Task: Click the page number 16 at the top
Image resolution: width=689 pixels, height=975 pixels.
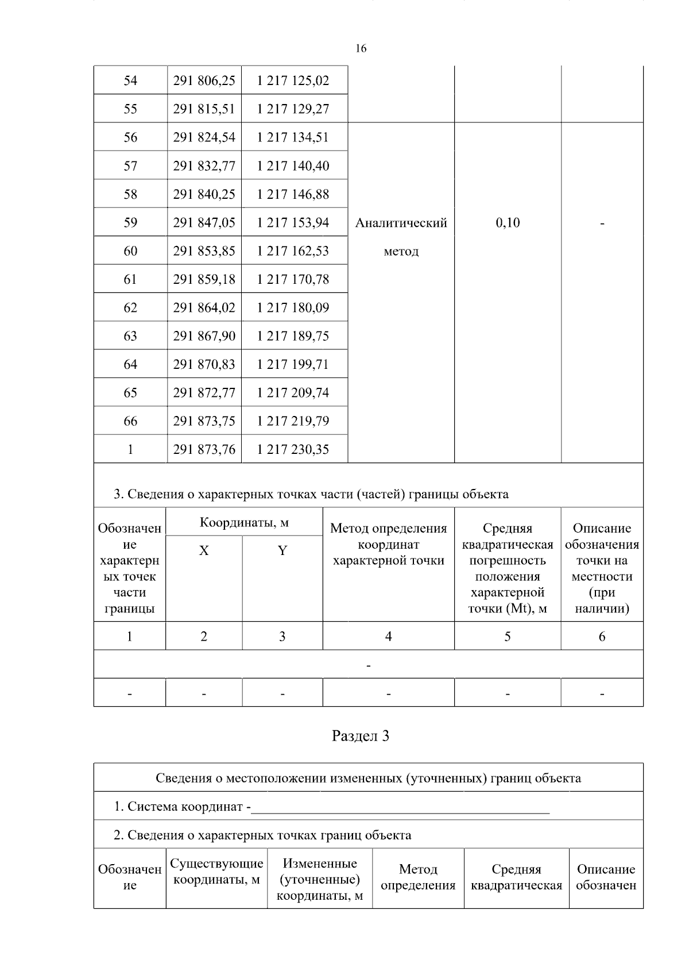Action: (x=361, y=49)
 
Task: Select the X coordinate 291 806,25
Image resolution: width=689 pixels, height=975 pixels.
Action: (x=204, y=80)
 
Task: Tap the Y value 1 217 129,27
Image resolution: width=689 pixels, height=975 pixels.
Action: (x=293, y=109)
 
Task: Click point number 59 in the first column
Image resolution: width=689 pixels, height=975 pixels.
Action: (x=130, y=223)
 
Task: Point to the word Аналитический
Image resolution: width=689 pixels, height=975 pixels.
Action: (x=401, y=223)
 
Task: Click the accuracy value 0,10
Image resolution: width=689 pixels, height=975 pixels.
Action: (x=508, y=223)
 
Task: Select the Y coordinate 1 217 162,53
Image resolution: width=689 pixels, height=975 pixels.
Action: (x=293, y=251)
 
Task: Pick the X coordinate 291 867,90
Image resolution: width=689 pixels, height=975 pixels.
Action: (x=204, y=336)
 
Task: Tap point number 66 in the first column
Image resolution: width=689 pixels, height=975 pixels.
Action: (x=130, y=421)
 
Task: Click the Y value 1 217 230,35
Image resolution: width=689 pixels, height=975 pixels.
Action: (x=293, y=450)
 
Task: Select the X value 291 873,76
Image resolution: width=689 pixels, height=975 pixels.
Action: (x=204, y=450)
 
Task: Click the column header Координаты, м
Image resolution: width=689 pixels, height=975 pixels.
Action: (x=244, y=523)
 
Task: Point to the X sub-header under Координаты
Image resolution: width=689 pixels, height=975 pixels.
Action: (x=204, y=551)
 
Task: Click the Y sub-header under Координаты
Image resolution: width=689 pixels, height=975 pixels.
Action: (x=282, y=551)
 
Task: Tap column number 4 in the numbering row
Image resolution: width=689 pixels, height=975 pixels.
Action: (x=388, y=637)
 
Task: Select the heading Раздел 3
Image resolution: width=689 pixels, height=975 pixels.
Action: (x=361, y=737)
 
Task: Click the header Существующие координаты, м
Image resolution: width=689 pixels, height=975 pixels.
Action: (x=216, y=872)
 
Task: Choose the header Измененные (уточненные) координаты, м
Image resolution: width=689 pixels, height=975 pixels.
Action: (x=320, y=880)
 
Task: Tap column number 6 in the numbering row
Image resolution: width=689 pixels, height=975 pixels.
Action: (x=602, y=637)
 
